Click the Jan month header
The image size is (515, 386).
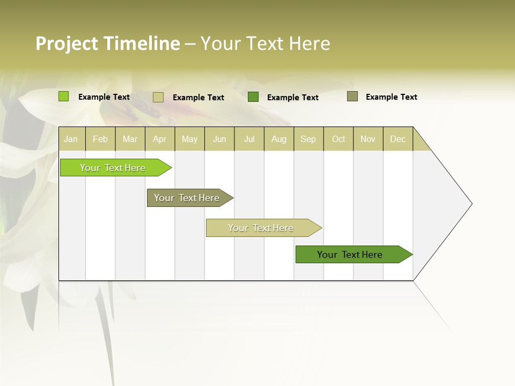[71, 139]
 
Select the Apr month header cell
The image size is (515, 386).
[160, 139]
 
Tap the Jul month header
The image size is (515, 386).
[249, 139]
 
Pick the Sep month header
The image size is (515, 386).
[308, 139]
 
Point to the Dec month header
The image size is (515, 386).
[398, 139]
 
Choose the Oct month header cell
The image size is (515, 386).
[339, 139]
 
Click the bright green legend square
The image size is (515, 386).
[63, 96]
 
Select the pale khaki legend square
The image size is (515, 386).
[158, 97]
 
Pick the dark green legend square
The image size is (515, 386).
[253, 97]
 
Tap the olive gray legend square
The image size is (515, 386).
[352, 96]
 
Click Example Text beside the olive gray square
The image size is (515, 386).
[391, 97]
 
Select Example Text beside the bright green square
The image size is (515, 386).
[104, 97]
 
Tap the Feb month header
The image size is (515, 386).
[100, 139]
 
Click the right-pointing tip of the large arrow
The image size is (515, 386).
[470, 203]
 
